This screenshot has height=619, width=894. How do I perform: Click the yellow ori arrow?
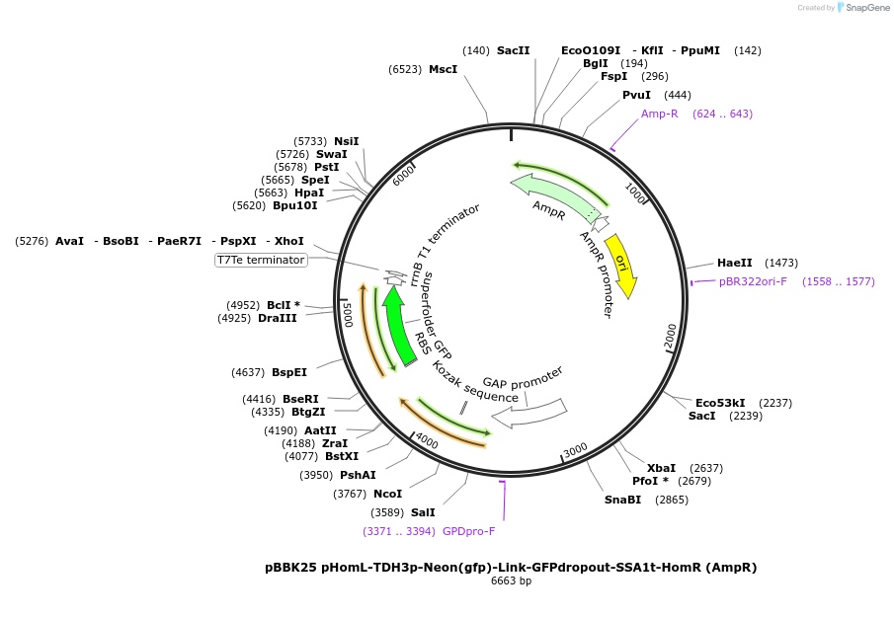[621, 265]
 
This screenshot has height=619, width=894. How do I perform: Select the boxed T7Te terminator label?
[261, 260]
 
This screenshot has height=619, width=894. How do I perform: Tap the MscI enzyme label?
[443, 69]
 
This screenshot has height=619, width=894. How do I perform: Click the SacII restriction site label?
[513, 50]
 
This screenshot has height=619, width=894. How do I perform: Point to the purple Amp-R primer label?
[659, 114]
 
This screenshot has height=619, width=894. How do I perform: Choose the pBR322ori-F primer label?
[753, 281]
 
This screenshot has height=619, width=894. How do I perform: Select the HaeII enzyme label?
[734, 263]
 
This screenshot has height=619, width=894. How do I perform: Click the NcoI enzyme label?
[387, 494]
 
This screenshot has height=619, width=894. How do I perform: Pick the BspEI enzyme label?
[289, 372]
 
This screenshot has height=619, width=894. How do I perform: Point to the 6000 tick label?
[403, 175]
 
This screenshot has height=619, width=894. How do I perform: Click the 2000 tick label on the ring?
[670, 336]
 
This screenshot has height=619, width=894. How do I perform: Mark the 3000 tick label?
[575, 451]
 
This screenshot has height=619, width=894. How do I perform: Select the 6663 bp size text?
[511, 581]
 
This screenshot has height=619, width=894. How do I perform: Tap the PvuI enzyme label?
[636, 95]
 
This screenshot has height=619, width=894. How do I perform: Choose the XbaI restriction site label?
[661, 468]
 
